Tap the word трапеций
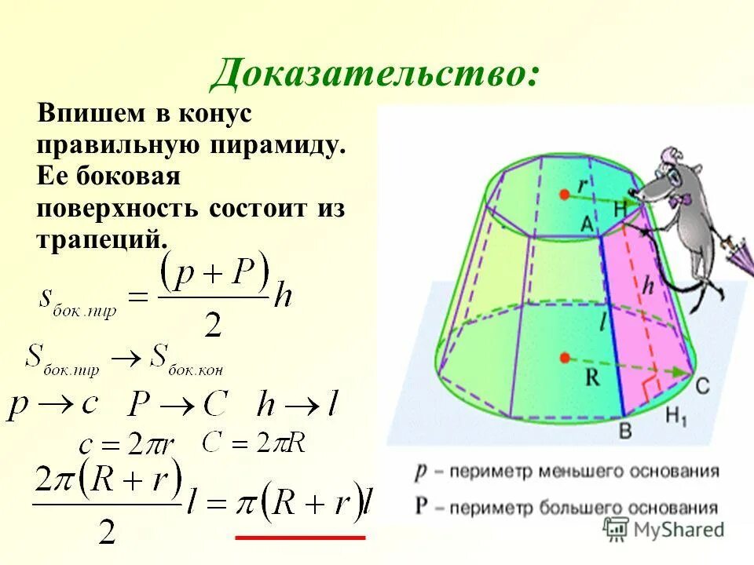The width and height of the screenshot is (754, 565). [101, 238]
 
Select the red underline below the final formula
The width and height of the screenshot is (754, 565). [301, 538]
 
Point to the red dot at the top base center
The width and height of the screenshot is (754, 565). [564, 194]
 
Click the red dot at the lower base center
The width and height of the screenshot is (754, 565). [564, 358]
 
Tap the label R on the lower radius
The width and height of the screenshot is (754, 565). [593, 377]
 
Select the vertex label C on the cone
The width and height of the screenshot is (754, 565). [702, 385]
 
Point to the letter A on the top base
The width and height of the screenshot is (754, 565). [586, 223]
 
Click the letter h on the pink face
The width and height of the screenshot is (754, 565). [647, 287]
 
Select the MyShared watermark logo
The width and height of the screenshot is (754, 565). [664, 529]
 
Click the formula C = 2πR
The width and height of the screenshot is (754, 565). [252, 443]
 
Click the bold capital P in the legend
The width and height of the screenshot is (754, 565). [423, 507]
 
